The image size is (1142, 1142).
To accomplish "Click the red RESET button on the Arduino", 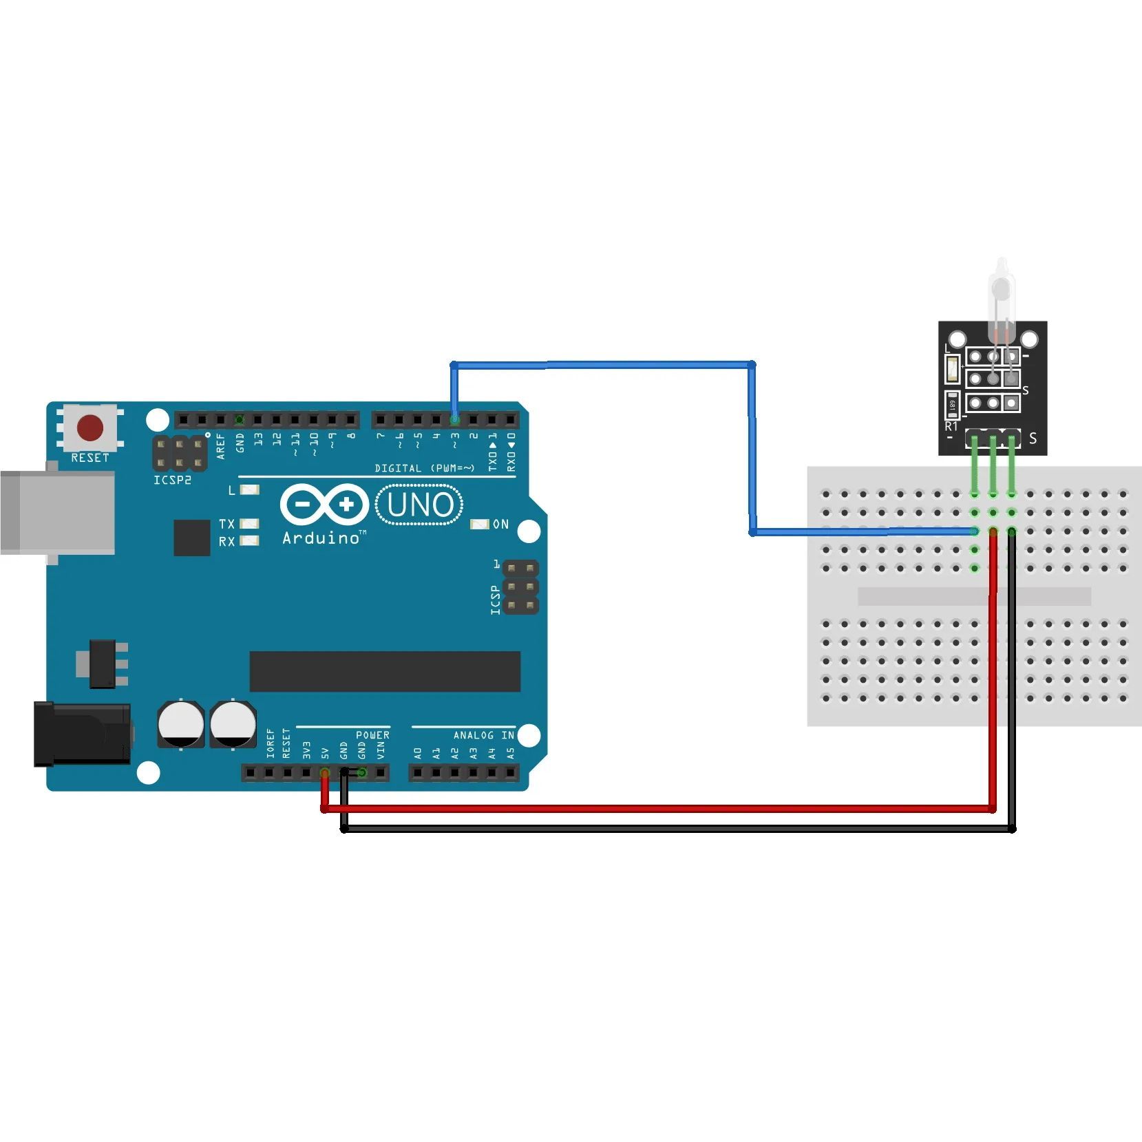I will [90, 427].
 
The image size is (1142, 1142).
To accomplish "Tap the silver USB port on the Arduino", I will [57, 512].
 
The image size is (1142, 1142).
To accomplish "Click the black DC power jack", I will [82, 734].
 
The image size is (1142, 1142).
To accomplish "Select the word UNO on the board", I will [419, 505].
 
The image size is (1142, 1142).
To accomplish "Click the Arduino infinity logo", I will [324, 505].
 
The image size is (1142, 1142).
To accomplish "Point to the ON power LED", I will [479, 525].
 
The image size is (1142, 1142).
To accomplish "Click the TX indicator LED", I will [249, 524].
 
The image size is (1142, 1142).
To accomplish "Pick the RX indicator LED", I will [249, 541].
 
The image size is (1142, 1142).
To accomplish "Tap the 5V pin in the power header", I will [325, 773].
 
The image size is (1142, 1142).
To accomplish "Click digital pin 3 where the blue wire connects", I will [454, 419].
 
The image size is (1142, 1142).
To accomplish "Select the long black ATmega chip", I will [385, 671].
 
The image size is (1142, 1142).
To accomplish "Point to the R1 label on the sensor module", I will [951, 426].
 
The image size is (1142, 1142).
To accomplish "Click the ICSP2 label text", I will [172, 480].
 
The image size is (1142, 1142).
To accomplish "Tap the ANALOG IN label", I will [483, 735].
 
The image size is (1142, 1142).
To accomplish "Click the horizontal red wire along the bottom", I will [654, 809].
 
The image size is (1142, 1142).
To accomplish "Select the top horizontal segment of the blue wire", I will [602, 364].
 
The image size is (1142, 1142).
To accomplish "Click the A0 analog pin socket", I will [418, 773].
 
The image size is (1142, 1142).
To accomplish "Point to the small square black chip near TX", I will [192, 538].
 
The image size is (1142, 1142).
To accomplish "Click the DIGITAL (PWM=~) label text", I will [424, 468].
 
